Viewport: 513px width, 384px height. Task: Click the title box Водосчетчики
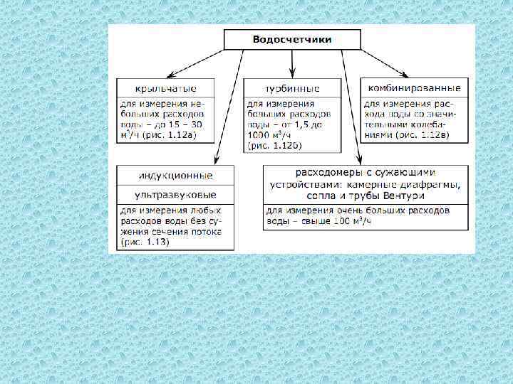[292, 40]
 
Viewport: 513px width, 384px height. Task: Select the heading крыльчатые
[164, 88]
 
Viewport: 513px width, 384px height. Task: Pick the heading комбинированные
[414, 87]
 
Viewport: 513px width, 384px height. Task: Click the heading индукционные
[175, 175]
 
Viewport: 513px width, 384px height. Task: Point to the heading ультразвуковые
[175, 194]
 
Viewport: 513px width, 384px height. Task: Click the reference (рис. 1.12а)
[173, 134]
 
